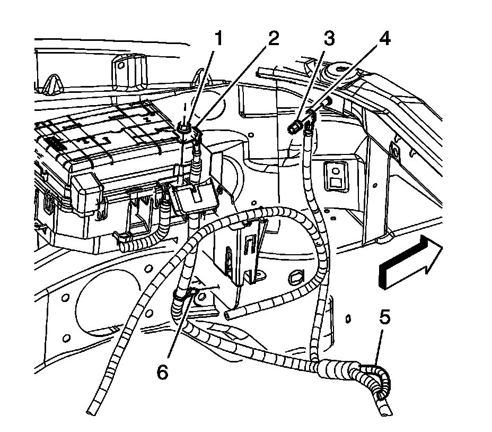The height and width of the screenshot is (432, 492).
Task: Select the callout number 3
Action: (329, 39)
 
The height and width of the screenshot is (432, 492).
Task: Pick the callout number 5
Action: (385, 318)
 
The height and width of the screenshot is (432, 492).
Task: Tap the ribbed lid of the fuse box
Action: (101, 138)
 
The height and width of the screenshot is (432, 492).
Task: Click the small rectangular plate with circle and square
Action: (335, 175)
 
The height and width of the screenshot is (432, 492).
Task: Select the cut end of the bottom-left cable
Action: (91, 410)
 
